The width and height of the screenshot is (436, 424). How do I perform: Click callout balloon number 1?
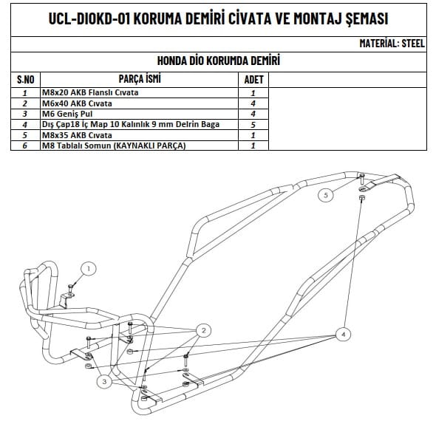pos(89,269)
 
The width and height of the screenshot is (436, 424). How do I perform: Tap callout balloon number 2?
pos(203,331)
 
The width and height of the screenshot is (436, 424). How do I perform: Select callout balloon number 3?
pos(104,381)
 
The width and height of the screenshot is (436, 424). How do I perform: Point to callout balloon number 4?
pos(343,335)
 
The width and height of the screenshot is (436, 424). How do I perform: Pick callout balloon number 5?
pos(326,195)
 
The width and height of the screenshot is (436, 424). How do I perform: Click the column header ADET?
pos(253,80)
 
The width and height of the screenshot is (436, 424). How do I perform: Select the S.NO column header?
pos(26,80)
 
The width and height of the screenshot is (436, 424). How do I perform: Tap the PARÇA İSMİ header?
pos(140,79)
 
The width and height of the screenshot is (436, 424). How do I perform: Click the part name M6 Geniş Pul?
pos(67,114)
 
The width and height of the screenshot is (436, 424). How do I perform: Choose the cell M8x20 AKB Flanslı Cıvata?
pos(90,92)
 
